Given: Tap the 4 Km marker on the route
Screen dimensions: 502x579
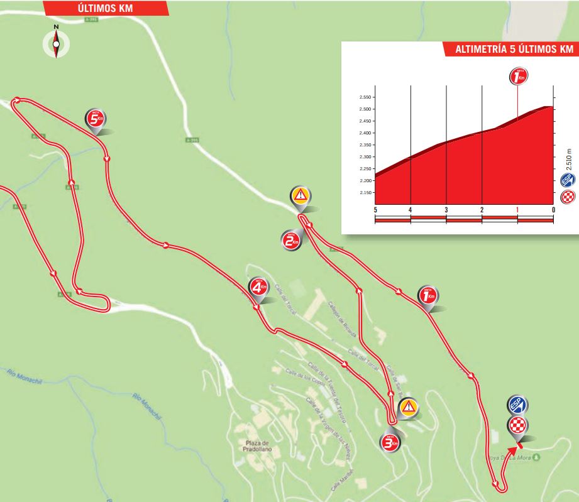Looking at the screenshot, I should pos(257,288).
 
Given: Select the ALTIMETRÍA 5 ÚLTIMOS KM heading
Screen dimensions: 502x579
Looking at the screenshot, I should pos(508,50).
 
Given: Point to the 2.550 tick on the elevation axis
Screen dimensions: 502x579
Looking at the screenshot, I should pos(363,97).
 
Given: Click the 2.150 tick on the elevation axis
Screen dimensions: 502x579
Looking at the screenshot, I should pos(363,193).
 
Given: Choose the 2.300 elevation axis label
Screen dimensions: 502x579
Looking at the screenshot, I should pos(363,157).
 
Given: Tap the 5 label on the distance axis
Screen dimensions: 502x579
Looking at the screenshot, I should pos(375,210).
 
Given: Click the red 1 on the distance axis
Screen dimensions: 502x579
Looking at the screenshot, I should pos(517,210).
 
